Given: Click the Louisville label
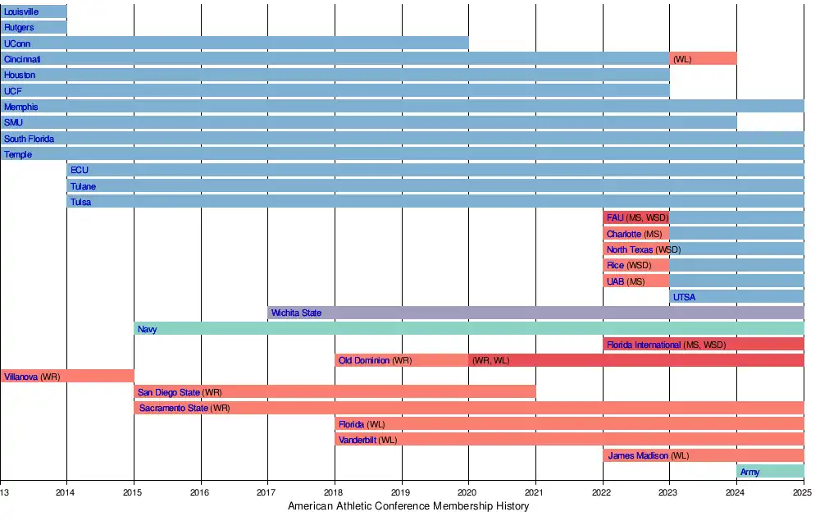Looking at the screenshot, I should click(20, 11).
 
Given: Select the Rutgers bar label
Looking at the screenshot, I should click(19, 28).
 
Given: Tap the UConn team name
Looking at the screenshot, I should click(17, 43).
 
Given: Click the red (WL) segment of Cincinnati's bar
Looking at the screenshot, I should click(703, 59).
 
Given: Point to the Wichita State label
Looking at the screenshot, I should click(296, 313).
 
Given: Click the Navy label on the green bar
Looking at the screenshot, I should click(148, 329).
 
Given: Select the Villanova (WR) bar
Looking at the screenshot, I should click(66, 377).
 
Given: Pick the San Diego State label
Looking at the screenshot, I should click(169, 392).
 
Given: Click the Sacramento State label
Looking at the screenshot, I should click(173, 408).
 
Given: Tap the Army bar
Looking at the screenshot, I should click(770, 472).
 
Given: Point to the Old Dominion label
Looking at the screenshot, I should click(364, 360).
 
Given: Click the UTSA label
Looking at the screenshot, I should click(684, 297).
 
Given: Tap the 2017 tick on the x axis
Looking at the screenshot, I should click(268, 492).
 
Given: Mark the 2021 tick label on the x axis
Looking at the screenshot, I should click(535, 492).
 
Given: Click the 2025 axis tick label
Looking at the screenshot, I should click(803, 492).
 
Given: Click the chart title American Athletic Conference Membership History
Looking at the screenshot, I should click(408, 506).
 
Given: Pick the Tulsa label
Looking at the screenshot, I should click(80, 202).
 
